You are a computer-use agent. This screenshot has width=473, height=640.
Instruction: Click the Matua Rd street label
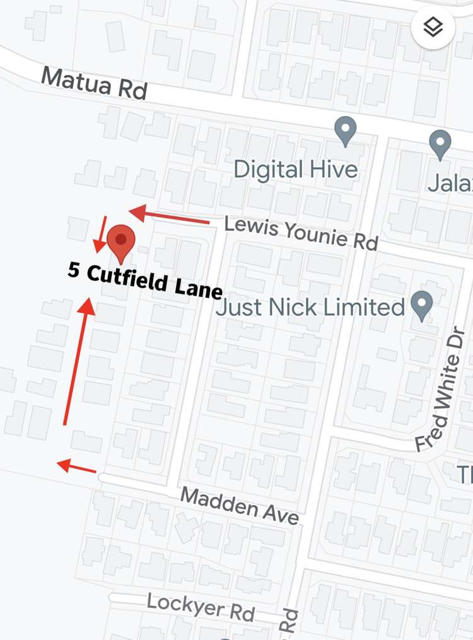coord(94,83)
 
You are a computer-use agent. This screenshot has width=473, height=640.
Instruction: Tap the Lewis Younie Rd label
coord(301,233)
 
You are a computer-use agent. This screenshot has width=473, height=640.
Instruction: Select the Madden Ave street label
coord(239,504)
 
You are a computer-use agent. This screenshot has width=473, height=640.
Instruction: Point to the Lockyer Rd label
coord(201,606)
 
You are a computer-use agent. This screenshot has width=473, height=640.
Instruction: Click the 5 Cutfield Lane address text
coord(145,281)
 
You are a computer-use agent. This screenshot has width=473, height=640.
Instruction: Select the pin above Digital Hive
coord(345,131)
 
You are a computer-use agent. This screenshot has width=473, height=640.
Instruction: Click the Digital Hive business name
coord(295,169)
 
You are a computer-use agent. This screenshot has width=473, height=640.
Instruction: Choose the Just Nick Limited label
coord(310,308)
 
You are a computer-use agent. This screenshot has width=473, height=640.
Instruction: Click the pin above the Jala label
coord(440,144)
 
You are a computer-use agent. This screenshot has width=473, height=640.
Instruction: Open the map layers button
coord(433,28)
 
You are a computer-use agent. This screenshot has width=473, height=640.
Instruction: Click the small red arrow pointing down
coord(100,234)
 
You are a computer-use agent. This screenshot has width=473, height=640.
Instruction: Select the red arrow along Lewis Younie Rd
coord(169,216)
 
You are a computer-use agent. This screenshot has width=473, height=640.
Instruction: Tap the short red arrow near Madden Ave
coord(76,467)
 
